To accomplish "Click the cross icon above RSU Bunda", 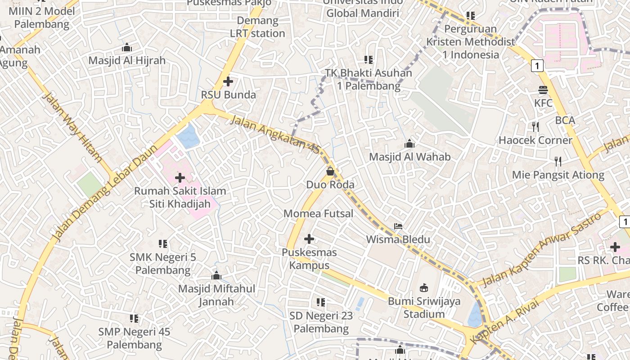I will (x=228, y=81).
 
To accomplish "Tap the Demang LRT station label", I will (x=257, y=27).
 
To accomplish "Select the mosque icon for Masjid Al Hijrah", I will (x=127, y=48).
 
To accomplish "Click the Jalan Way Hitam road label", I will (x=72, y=128).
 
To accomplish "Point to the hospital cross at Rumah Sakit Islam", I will (x=180, y=178).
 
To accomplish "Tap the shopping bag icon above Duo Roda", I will (x=330, y=171).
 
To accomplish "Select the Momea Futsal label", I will (x=318, y=214).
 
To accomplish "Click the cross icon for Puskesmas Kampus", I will (x=309, y=239).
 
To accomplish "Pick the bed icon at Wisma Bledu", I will (x=398, y=226).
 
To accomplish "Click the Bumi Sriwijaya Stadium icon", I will (x=423, y=288).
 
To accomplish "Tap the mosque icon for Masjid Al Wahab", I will (x=409, y=144).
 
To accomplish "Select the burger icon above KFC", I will (x=543, y=90).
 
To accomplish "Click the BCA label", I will (x=565, y=121).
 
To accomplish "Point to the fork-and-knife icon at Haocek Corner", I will (x=535, y=127).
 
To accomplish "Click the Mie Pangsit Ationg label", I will (x=558, y=175).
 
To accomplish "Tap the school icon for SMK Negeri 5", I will (x=163, y=244).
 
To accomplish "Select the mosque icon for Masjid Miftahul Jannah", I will (x=216, y=275).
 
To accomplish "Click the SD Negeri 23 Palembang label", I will (x=321, y=322).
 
